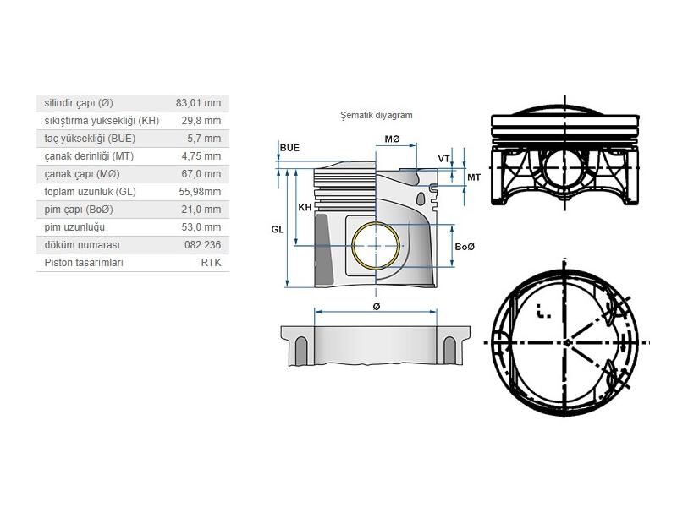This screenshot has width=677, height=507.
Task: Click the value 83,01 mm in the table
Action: [198, 103]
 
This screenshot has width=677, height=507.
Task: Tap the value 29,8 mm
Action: [201, 121]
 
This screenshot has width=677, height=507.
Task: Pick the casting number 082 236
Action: [201, 245]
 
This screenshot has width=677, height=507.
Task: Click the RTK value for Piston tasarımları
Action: [210, 263]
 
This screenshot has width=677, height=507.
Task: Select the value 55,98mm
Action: [200, 192]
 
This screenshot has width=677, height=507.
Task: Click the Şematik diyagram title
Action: [375, 116]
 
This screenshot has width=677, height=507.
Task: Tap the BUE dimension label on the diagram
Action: [289, 148]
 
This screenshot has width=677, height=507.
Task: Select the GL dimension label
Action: [278, 229]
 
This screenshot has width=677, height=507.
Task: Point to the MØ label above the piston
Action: [393, 139]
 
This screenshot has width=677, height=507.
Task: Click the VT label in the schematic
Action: [443, 159]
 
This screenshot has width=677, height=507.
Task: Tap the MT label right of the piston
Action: [474, 177]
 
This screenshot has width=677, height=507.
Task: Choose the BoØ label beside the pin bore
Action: [465, 246]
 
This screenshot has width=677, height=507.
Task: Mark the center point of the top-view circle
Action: [565, 342]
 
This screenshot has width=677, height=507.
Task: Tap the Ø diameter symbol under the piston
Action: [376, 306]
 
